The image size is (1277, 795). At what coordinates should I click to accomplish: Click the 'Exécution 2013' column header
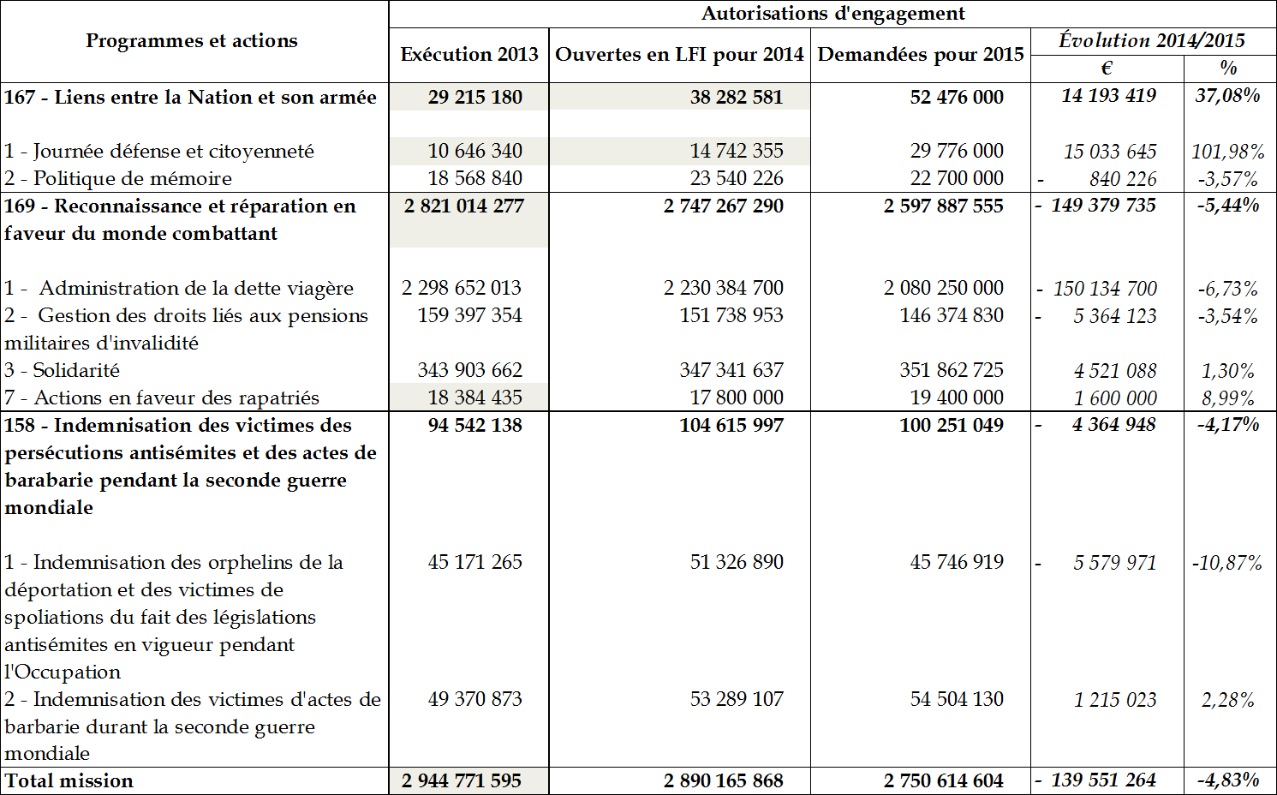click(x=468, y=55)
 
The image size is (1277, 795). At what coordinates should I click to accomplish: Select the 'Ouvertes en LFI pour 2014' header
click(x=679, y=55)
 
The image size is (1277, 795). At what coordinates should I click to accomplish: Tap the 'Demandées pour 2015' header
click(x=921, y=55)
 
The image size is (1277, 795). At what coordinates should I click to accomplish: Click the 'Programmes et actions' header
click(x=192, y=41)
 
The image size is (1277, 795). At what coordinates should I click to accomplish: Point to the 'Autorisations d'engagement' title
click(x=832, y=14)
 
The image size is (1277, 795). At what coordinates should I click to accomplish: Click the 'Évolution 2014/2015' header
click(x=1152, y=40)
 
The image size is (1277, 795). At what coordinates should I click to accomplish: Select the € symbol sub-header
click(x=1107, y=69)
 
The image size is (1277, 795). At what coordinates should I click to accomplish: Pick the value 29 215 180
click(x=474, y=97)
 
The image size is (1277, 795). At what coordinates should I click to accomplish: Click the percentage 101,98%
click(x=1227, y=152)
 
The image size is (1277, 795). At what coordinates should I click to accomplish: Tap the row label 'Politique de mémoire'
click(x=132, y=178)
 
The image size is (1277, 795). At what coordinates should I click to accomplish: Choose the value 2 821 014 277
click(x=462, y=206)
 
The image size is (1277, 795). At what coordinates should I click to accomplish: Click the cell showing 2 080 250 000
click(x=943, y=288)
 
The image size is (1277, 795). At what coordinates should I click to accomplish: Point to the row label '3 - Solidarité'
click(x=62, y=370)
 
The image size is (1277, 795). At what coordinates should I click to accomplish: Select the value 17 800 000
click(x=737, y=397)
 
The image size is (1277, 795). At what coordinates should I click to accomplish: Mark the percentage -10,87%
click(x=1226, y=563)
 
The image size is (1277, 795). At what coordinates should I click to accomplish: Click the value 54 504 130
click(x=956, y=699)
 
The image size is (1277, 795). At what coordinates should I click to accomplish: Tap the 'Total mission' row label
click(x=69, y=780)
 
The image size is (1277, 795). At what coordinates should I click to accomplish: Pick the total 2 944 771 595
click(x=461, y=780)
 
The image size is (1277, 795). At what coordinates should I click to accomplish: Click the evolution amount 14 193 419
click(x=1108, y=96)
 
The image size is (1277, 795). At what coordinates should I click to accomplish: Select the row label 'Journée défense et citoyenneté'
click(x=173, y=152)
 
